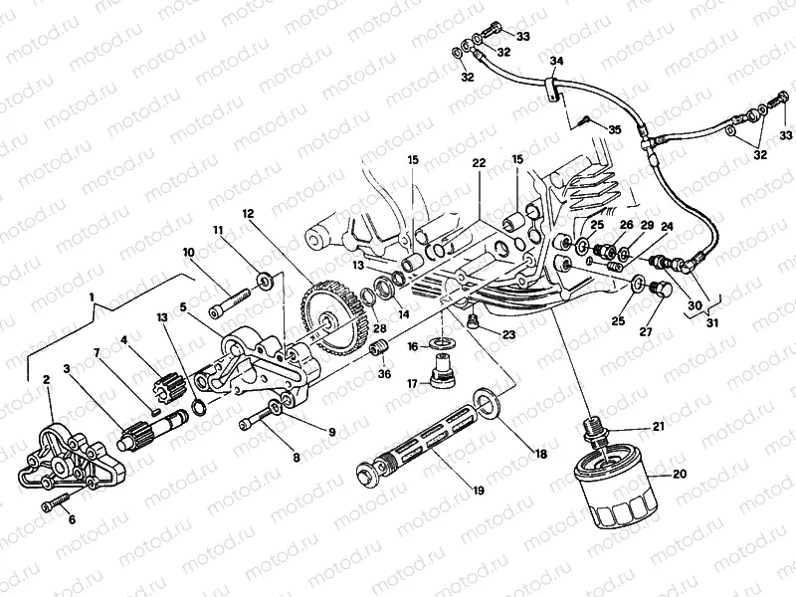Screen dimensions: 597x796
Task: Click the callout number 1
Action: (x=93, y=298)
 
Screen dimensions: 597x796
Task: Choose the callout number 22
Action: (x=479, y=163)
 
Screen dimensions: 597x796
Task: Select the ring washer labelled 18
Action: (x=487, y=402)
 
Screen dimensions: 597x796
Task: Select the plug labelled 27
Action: (x=655, y=290)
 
